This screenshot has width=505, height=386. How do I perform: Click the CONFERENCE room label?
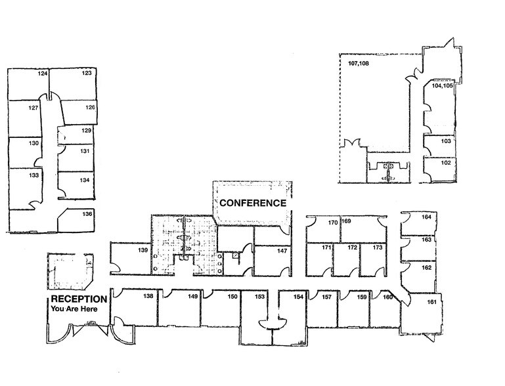(253, 203)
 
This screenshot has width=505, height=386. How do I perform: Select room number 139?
(141, 251)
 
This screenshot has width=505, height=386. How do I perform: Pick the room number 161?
(431, 303)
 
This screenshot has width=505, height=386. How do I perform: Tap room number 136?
(87, 214)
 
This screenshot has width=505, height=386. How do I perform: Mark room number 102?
(445, 163)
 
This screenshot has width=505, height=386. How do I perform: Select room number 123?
(86, 74)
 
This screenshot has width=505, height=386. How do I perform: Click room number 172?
(352, 248)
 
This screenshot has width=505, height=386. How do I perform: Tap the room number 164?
(427, 217)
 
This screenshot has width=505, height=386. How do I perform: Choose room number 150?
(232, 297)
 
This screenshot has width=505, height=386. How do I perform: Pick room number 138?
(148, 297)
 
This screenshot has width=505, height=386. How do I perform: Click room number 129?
(86, 131)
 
